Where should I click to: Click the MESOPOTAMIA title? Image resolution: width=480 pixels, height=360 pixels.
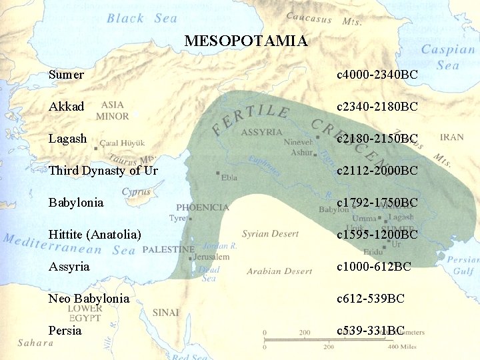coord(246,41)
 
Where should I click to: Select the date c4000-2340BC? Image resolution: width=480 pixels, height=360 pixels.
coord(377,75)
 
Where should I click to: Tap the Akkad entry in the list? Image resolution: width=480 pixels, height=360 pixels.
coord(67,107)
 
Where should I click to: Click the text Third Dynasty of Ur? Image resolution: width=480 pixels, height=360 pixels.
coord(103,171)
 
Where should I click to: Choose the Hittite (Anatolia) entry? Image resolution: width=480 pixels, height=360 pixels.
coord(95,235)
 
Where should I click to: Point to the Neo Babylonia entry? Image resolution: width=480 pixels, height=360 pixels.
coord(89,299)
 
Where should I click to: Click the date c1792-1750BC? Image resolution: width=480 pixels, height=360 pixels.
coord(377,203)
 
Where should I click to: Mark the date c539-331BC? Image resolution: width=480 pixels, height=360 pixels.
coord(371,331)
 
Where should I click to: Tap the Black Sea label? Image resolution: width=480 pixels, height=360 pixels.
coord(142,19)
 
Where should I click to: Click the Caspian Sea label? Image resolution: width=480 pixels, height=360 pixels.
coord(447,57)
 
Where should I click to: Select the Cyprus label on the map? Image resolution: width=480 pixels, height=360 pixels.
coord(136,192)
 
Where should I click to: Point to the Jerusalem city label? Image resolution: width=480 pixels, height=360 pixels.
coord(212,257)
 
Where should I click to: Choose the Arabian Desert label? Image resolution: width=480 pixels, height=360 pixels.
coord(279,271)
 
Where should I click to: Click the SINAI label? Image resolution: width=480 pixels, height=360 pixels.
coord(165,312)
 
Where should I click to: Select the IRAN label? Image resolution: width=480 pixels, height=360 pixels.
coord(451,137)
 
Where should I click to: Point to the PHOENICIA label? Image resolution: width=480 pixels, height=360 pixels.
coord(203,207)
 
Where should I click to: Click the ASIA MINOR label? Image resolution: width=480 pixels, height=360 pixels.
coord(113,111)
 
